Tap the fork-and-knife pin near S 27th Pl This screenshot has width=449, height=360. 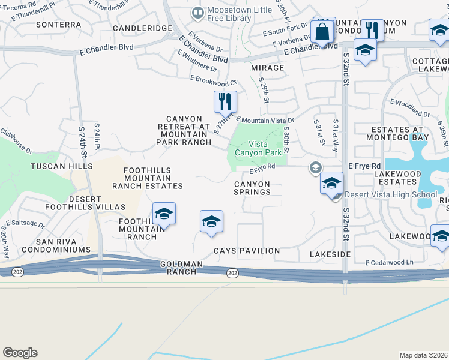(225, 101)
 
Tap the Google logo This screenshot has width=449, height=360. (20, 353)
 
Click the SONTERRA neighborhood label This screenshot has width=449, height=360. (58, 25)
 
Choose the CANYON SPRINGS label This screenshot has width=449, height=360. (252, 188)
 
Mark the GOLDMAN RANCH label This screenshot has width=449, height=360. (178, 268)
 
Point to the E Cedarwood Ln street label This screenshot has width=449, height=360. (390, 263)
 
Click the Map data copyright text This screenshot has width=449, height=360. (424, 355)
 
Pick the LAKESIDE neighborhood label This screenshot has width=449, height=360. (330, 254)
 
